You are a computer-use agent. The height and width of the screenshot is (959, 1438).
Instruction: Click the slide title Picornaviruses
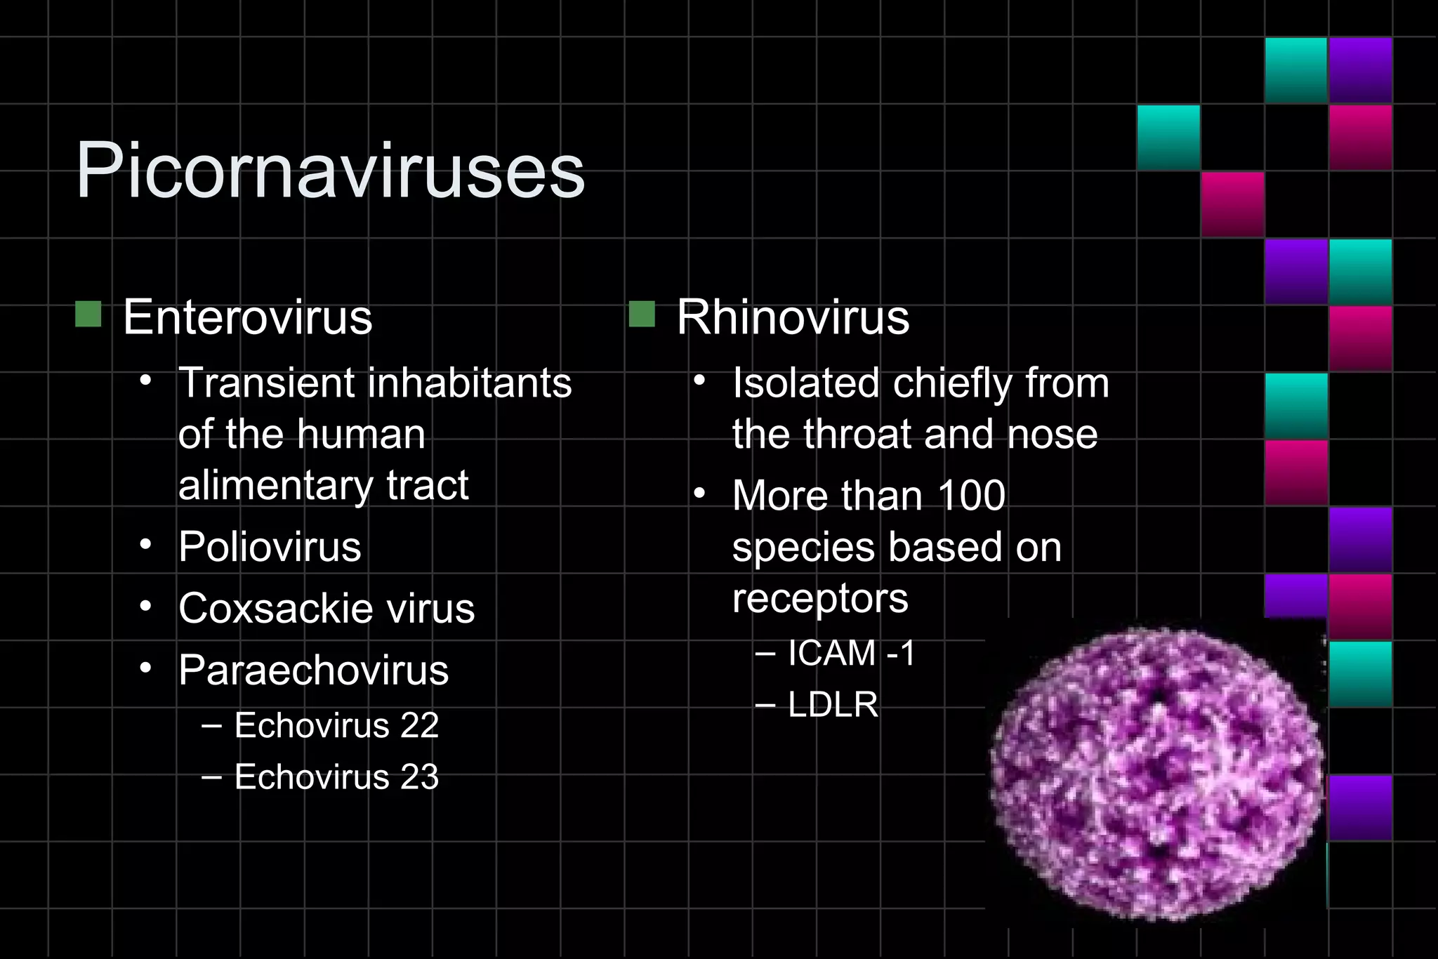[x=330, y=171]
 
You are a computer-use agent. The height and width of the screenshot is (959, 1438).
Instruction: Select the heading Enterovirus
[x=247, y=317]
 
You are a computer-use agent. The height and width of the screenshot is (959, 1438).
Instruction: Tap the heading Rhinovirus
[x=793, y=317]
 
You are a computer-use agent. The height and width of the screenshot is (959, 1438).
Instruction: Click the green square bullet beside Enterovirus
[x=88, y=315]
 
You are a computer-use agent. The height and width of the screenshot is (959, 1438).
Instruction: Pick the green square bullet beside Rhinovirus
[x=642, y=315]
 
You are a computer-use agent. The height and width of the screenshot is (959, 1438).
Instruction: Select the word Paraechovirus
[x=313, y=670]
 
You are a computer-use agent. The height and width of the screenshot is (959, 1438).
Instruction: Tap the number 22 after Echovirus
[x=419, y=725]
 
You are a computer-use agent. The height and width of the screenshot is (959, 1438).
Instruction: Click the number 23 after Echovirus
[x=419, y=777]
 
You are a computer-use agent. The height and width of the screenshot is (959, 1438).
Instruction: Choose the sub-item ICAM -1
[x=851, y=653]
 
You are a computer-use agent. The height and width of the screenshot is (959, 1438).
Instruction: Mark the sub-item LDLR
[x=833, y=705]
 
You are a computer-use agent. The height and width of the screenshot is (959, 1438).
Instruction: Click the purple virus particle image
[x=1157, y=772]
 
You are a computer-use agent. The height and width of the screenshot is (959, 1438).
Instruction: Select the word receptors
[x=820, y=599]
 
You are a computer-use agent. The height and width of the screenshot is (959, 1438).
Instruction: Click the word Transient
[x=268, y=383]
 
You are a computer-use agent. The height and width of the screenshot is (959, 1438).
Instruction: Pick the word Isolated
[x=805, y=383]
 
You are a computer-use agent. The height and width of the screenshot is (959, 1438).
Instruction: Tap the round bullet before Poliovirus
[x=145, y=545]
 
